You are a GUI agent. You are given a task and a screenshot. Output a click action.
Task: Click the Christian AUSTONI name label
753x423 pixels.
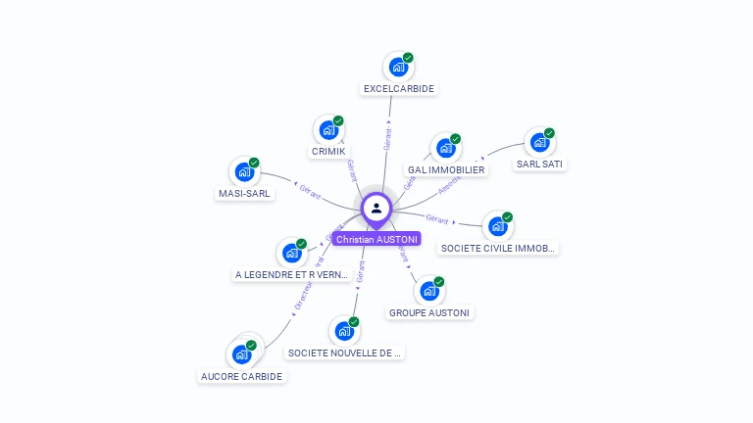click(376, 239)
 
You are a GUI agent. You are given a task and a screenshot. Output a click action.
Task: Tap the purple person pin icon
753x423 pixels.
click(376, 209)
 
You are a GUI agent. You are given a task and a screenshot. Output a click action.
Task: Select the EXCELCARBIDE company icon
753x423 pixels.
click(397, 67)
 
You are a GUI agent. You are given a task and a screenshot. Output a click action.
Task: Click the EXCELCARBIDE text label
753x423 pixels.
click(399, 88)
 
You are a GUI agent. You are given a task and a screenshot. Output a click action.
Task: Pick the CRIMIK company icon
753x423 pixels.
click(327, 130)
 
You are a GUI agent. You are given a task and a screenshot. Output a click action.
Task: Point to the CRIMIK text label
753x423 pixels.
click(328, 152)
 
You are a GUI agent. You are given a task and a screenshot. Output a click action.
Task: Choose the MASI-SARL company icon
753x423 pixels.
click(243, 172)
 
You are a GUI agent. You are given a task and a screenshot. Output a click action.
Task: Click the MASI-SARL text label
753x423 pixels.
click(244, 193)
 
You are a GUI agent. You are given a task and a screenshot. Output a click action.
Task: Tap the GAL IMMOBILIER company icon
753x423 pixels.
click(445, 149)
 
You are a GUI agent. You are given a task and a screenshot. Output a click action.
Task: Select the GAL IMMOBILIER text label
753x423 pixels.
click(446, 169)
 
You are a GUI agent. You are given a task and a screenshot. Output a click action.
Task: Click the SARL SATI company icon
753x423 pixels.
click(538, 143)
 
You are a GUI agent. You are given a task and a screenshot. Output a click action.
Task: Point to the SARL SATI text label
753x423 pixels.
click(539, 164)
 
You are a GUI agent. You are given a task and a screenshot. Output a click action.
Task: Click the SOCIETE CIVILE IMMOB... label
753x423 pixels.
click(499, 249)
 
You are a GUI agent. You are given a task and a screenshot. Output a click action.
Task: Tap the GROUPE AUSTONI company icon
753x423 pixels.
click(428, 291)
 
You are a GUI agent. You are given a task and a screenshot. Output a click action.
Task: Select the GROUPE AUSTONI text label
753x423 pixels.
click(429, 312)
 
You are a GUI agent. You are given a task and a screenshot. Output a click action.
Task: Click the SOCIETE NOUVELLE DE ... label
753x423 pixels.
click(345, 352)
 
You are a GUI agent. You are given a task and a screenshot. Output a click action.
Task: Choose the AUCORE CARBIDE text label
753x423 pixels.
click(241, 376)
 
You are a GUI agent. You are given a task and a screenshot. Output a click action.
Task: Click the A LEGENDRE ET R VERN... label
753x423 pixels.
click(292, 275)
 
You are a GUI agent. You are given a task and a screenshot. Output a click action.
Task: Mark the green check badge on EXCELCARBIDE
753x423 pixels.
click(408, 58)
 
